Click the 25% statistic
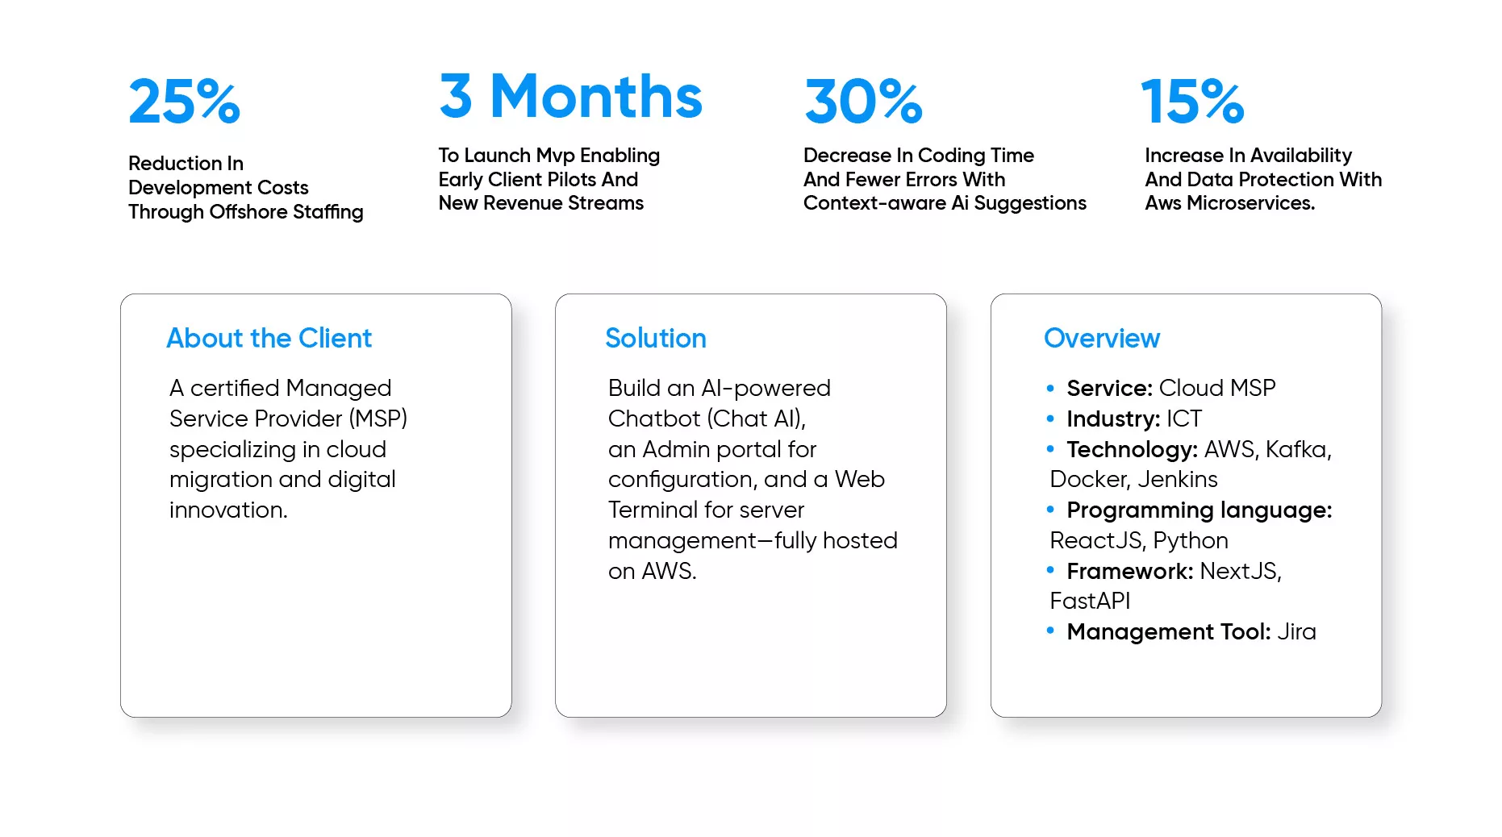pos(185,102)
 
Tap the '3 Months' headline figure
pos(571,96)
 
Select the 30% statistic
pos(863,102)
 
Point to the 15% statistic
pos(1192,102)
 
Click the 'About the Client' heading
pos(269,338)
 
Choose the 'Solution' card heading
pos(656,338)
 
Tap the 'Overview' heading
pos(1102,338)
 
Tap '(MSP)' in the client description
pos(378,418)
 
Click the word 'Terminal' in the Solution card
pos(653,510)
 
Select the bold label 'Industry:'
pos(1113,419)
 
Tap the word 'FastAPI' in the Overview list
pos(1090,601)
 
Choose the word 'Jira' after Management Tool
pos(1296,631)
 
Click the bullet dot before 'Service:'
pos(1050,389)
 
